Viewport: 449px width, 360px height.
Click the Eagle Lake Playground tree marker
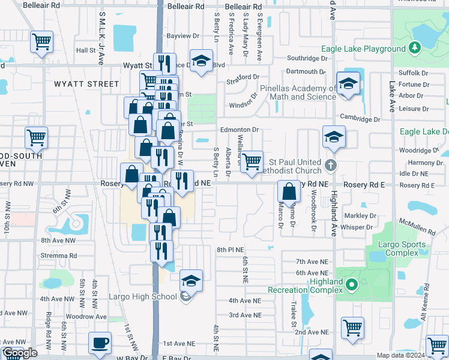tap(414, 47)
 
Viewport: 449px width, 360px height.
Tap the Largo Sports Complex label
tap(402, 249)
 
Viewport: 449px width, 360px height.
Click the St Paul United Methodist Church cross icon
tap(329, 164)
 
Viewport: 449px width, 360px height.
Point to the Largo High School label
tap(143, 296)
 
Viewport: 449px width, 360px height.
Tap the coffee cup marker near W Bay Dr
tap(100, 343)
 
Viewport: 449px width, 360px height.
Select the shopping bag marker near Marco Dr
tap(289, 191)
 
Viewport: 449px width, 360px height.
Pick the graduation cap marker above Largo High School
tap(191, 280)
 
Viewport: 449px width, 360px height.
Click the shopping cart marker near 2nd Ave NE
tap(352, 327)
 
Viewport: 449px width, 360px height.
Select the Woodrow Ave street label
tap(86, 316)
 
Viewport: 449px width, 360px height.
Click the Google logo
tap(20, 353)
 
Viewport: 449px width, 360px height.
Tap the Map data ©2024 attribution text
tap(401, 355)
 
